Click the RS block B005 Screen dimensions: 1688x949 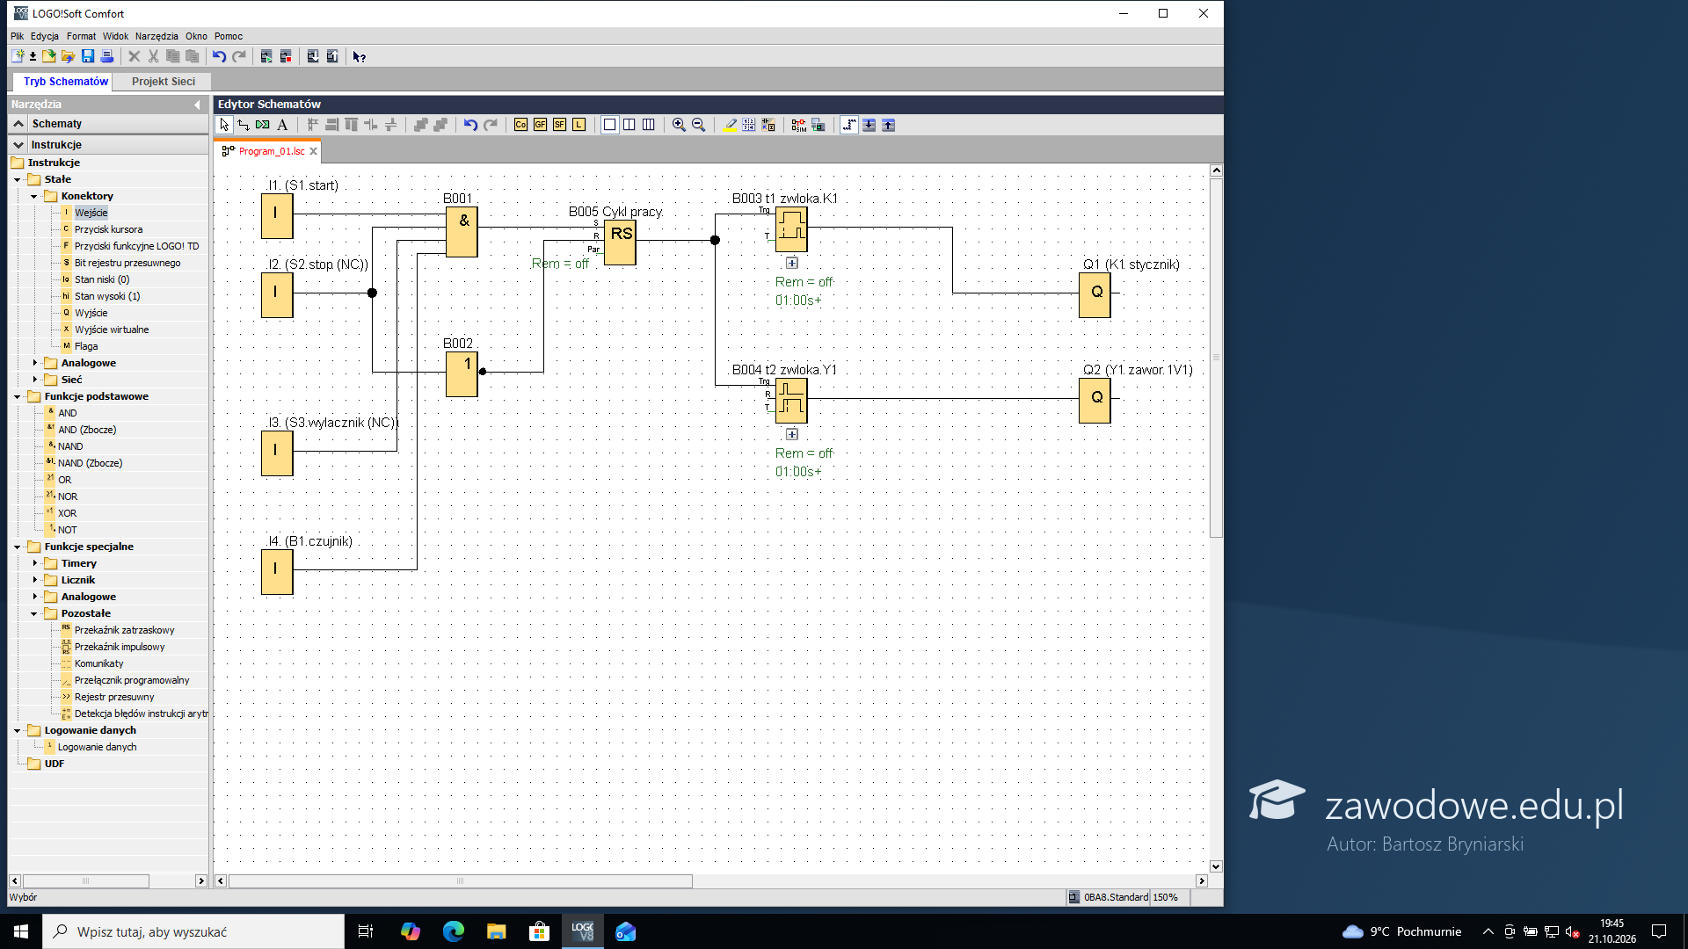[620, 242]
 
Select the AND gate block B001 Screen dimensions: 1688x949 [462, 232]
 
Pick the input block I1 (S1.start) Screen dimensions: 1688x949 [277, 216]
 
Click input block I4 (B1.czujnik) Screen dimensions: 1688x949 [277, 572]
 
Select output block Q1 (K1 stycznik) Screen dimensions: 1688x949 [1095, 295]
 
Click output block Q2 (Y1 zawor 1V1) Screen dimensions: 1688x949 [1095, 401]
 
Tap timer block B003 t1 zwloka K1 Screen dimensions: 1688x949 [791, 229]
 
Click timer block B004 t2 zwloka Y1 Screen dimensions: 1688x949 [791, 401]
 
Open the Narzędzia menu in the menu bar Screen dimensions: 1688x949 [156, 36]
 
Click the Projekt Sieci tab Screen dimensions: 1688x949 [164, 82]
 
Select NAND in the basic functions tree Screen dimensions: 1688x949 [70, 446]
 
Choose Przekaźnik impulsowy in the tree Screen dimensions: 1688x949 [120, 647]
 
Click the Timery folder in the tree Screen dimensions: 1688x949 [79, 563]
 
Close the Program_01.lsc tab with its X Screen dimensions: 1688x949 [313, 151]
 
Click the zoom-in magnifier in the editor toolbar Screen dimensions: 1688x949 [679, 125]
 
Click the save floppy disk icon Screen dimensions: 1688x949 [88, 56]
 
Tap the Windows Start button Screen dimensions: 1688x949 [21, 931]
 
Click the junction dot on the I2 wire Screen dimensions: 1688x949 [372, 293]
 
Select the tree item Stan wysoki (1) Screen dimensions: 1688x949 [107, 296]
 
